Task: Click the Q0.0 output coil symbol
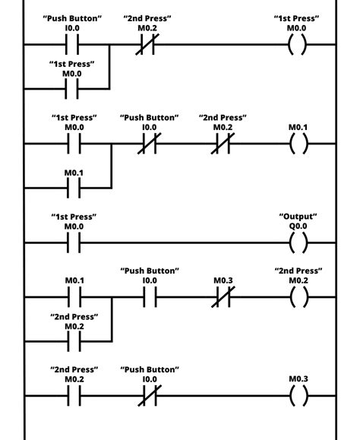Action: [x=299, y=243]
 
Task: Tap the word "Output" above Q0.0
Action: [x=299, y=217]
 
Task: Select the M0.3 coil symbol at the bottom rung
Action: [x=299, y=395]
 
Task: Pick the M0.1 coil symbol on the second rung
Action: [x=299, y=144]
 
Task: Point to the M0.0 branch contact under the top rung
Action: [x=73, y=90]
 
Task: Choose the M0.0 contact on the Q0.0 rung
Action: [x=73, y=243]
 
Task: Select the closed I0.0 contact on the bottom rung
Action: [x=150, y=395]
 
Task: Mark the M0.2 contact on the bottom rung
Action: [x=73, y=395]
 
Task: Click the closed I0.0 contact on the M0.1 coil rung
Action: [x=150, y=144]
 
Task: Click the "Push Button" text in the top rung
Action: [x=73, y=17]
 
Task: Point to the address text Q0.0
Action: [x=299, y=226]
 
